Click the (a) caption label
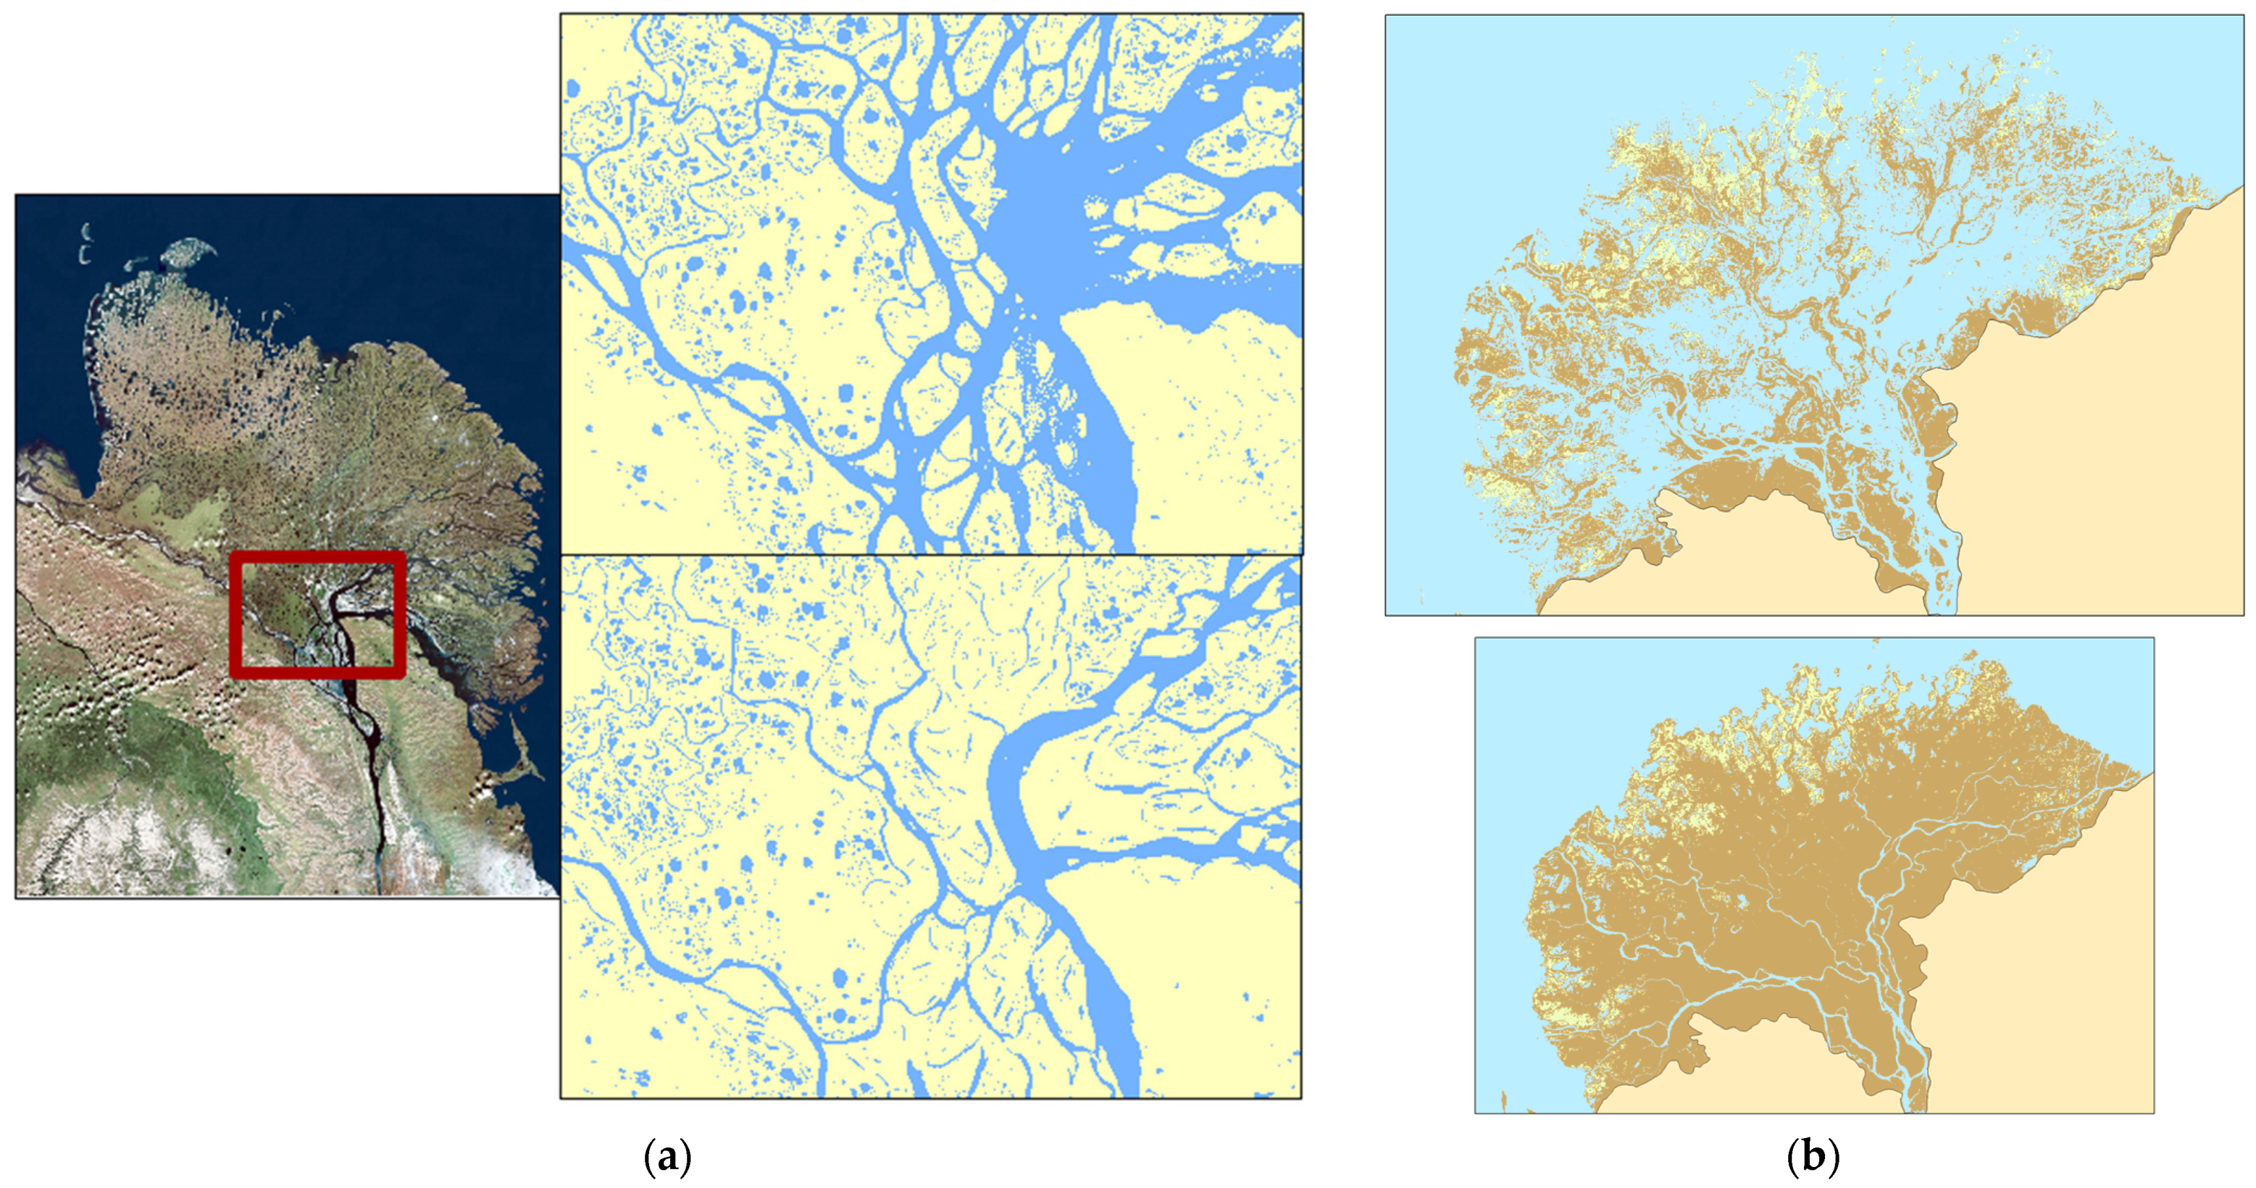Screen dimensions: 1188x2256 (667, 1157)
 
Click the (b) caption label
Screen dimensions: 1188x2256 (1812, 1157)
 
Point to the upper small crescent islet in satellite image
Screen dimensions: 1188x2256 (86, 231)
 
